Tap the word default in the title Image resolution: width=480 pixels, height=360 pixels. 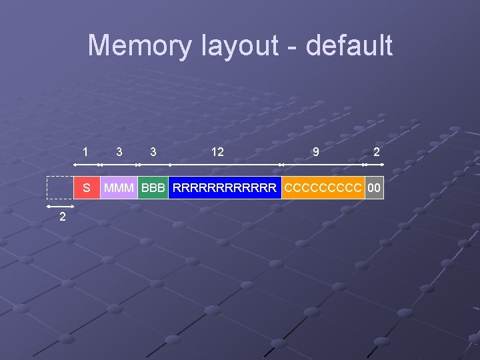pos(349,46)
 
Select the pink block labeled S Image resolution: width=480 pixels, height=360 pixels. pos(87,188)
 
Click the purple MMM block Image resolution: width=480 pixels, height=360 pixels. pos(119,188)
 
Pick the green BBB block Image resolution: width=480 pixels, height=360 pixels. pos(153,188)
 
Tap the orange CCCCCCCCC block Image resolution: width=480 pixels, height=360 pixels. pos(323,188)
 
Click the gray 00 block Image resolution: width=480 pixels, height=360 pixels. pos(375,188)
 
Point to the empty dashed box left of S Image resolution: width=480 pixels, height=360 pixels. pos(60,188)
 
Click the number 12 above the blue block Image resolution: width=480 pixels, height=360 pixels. pos(217,152)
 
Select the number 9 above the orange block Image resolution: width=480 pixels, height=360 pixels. pos(315,152)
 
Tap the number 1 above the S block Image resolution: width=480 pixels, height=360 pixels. pos(85,152)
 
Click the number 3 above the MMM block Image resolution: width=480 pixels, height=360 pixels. pos(119,152)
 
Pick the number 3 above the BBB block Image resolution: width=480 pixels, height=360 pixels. pos(153,152)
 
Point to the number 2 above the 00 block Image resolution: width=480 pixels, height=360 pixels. pos(377,152)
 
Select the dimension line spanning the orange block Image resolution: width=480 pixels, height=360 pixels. pos(323,164)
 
